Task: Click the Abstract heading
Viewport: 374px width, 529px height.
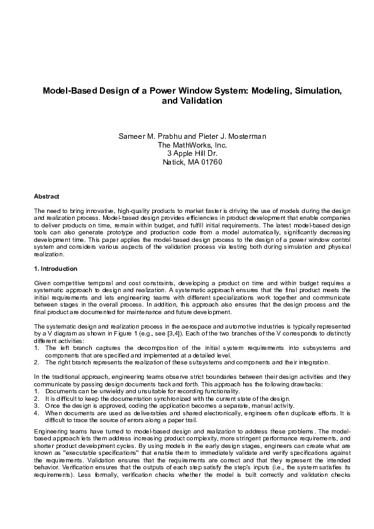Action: pyautogui.click(x=47, y=197)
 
